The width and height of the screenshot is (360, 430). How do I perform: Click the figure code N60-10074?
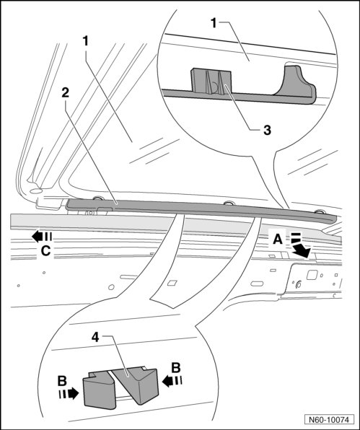click(x=329, y=420)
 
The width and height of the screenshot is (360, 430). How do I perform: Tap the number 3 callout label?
click(x=267, y=130)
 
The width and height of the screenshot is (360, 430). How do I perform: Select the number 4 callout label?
click(x=95, y=338)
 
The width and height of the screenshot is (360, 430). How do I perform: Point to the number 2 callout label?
click(x=65, y=93)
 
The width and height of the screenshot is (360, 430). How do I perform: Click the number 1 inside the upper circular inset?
click(x=214, y=23)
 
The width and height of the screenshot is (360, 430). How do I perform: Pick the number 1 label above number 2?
click(x=86, y=41)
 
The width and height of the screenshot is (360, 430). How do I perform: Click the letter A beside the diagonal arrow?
click(x=278, y=240)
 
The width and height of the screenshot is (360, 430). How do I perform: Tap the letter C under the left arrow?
click(x=45, y=250)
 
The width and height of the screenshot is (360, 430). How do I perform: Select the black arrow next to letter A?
click(x=300, y=246)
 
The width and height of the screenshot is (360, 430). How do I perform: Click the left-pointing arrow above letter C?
click(x=42, y=237)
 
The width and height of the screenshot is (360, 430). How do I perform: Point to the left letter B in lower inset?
click(x=62, y=381)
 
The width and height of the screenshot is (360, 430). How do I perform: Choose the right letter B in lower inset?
click(x=176, y=368)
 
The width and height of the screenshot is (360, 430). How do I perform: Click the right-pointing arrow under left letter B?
click(x=69, y=394)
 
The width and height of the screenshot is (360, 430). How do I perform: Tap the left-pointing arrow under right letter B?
click(x=172, y=381)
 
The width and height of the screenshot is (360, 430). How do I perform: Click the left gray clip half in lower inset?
click(x=99, y=390)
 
